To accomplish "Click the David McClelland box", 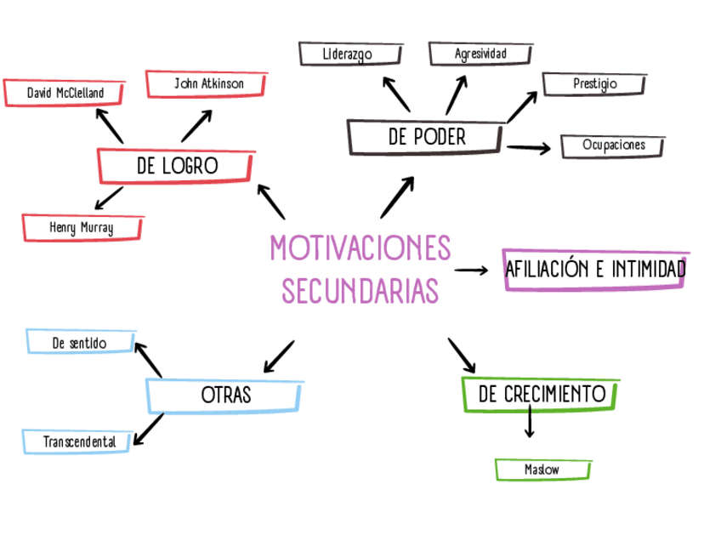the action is [65, 92].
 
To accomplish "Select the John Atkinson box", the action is [208, 83].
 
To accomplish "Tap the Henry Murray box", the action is [82, 228].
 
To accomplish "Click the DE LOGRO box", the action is [177, 166].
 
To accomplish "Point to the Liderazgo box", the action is [349, 54].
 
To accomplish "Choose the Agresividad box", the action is [480, 54].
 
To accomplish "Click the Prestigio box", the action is [594, 84].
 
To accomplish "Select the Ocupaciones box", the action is [613, 145].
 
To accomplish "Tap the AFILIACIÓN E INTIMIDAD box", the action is [595, 270].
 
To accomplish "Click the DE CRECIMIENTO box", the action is [542, 394].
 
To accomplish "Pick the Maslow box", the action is [542, 470].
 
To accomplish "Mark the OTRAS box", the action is [225, 396].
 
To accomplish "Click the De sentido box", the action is [80, 342].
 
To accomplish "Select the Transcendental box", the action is [79, 442].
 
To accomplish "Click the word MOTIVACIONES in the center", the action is [360, 249].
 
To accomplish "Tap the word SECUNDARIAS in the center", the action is [360, 290].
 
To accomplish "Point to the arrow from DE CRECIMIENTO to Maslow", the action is [530, 422].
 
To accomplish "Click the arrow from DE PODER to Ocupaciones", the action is [529, 149].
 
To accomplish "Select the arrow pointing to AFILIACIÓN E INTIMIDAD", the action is [472, 270].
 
